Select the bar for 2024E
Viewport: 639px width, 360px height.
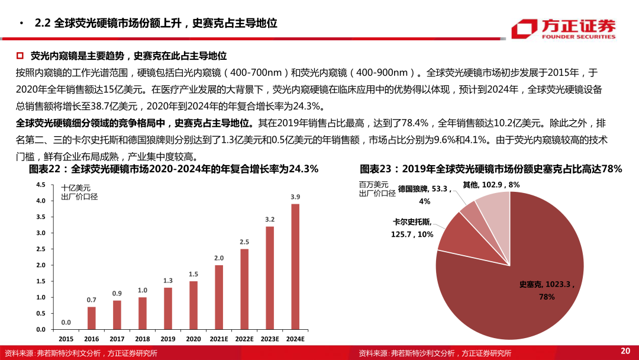tap(295, 266)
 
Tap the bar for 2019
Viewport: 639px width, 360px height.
tap(168, 308)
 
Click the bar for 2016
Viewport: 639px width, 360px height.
tap(91, 318)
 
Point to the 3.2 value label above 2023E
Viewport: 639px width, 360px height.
tap(269, 219)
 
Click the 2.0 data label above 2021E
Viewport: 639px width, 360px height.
tap(218, 258)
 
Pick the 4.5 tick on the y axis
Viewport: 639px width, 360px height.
tap(41, 185)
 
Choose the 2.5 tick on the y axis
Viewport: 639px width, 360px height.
tap(41, 249)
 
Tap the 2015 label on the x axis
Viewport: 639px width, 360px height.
tap(66, 339)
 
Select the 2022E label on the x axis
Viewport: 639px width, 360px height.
tap(244, 339)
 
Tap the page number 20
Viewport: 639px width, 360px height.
tap(625, 351)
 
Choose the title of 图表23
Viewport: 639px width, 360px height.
tap(490, 169)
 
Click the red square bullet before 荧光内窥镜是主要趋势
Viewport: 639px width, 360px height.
tap(20, 56)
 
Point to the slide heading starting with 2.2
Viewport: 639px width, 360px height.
tap(156, 24)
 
